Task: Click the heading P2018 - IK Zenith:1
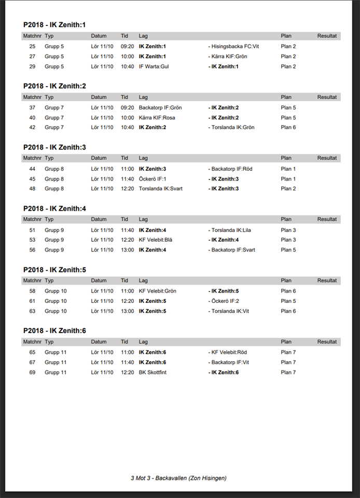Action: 54,25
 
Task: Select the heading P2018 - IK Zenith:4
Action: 54,209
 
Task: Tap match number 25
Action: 32,46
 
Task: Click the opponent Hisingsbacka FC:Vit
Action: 235,46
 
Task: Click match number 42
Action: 32,128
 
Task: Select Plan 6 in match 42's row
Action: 288,128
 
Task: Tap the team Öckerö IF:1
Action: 153,179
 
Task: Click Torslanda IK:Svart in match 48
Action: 161,189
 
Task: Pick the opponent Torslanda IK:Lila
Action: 233,230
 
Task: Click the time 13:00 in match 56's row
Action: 127,250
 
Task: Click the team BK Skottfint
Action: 153,372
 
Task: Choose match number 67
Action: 32,363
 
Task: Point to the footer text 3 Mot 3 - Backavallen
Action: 178,478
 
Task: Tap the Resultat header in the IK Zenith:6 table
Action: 327,342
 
